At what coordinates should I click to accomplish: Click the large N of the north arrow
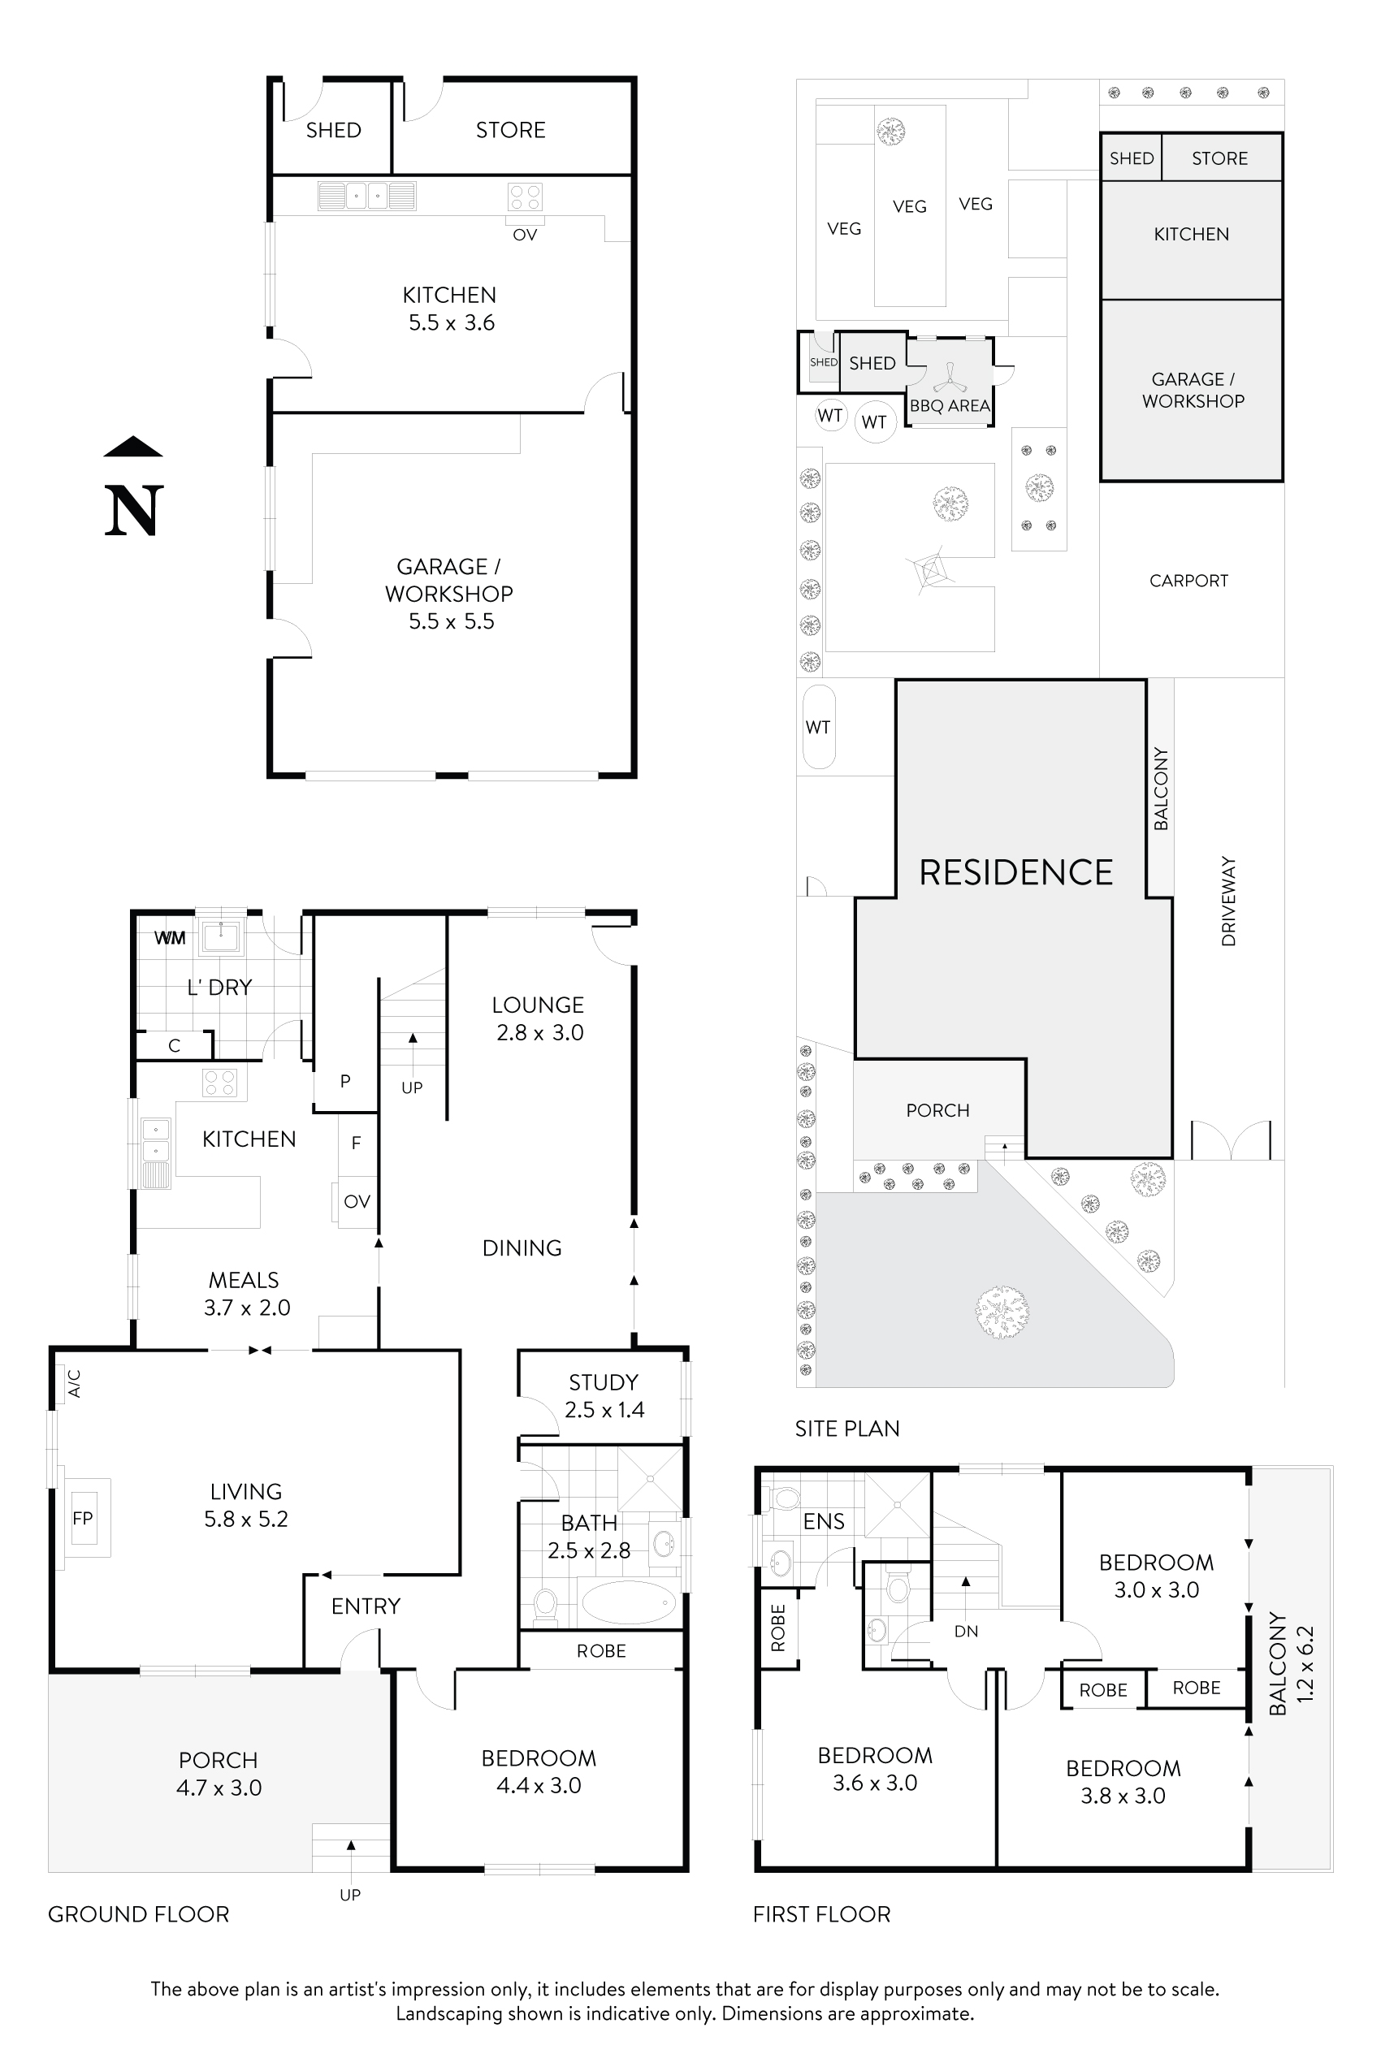pos(134,511)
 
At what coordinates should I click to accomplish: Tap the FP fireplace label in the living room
pos(83,1518)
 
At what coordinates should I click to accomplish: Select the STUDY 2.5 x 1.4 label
pos(604,1395)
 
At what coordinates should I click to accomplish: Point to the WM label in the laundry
pos(170,938)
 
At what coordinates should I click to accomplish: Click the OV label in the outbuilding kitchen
pos(525,235)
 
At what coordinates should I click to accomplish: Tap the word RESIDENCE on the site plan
pos(1015,872)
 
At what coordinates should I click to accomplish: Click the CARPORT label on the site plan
pos(1188,582)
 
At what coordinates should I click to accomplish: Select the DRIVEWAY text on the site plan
pos(1228,901)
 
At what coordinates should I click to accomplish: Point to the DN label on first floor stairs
pos(966,1631)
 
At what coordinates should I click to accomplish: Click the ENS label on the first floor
pos(824,1521)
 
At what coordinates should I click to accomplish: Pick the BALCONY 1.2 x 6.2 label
pos(1291,1663)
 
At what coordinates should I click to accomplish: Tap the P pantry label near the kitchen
pos(345,1080)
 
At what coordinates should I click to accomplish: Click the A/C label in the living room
pos(75,1383)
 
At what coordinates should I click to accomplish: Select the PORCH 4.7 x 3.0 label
pos(219,1774)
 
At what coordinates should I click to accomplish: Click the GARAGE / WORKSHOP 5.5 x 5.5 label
pos(449,594)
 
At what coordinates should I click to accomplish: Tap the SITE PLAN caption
pos(847,1429)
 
